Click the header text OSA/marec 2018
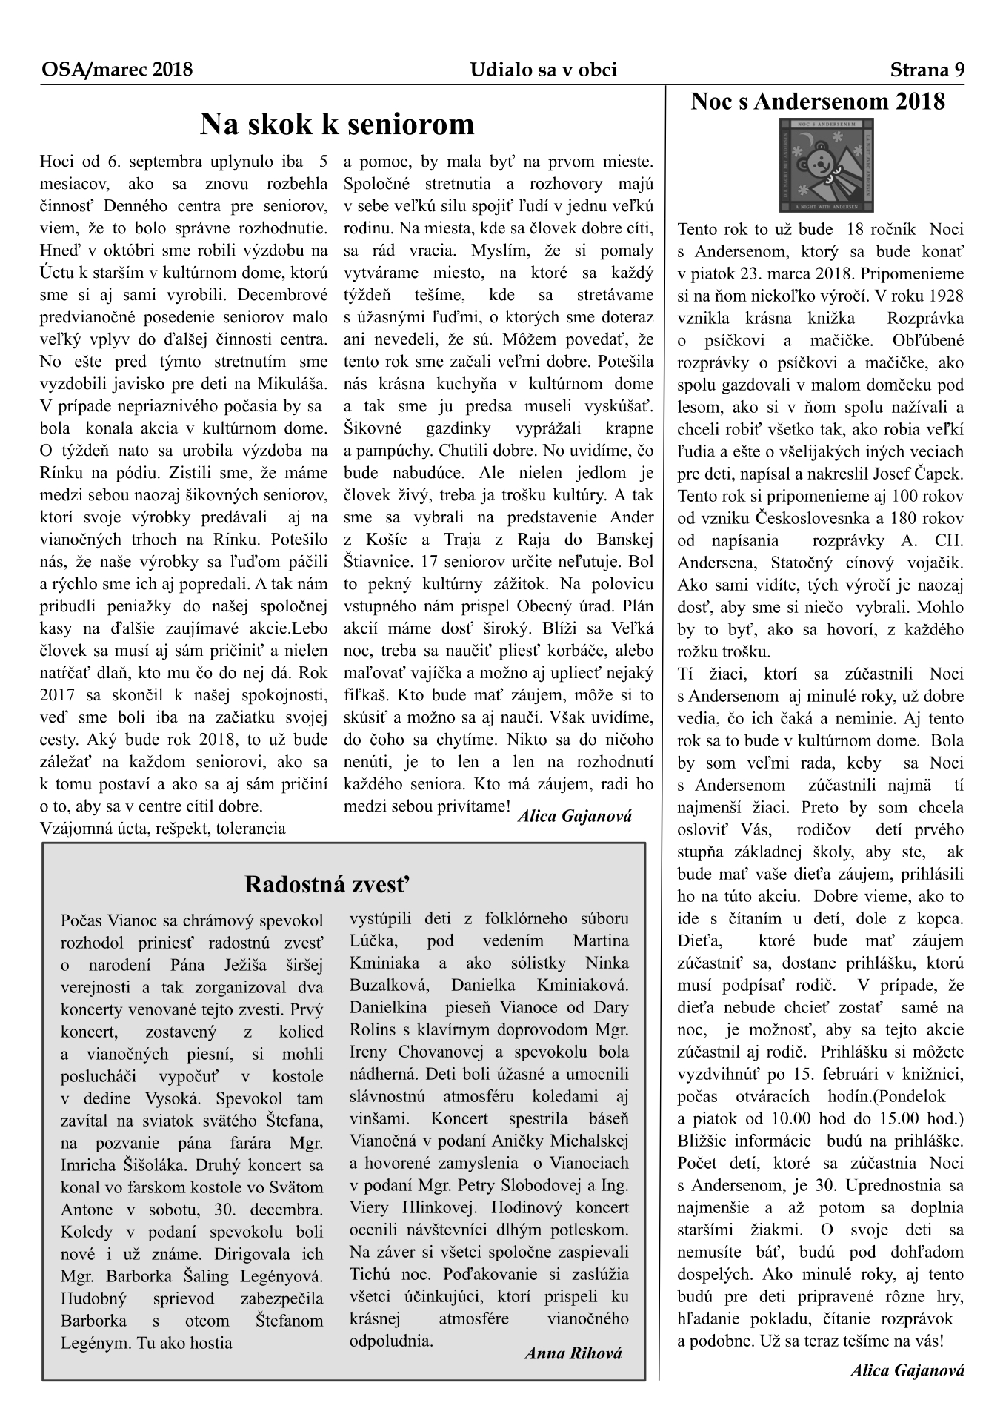point(117,70)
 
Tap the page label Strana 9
point(927,70)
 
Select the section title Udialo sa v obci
point(543,70)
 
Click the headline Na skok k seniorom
point(337,125)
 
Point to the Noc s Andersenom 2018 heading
point(818,102)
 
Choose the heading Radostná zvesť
point(327,884)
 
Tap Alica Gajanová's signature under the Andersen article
point(907,1370)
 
